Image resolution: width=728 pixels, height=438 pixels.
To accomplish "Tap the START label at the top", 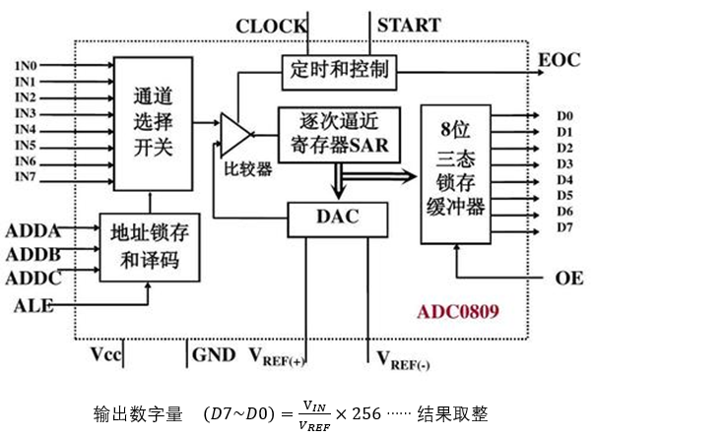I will (409, 25).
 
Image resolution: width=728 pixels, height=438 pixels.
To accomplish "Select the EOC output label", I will (559, 61).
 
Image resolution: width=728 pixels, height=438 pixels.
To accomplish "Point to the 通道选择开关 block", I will (153, 123).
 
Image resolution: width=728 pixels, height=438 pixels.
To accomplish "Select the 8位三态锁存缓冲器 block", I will (457, 173).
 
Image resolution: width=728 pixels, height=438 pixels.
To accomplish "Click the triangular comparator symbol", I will (234, 133).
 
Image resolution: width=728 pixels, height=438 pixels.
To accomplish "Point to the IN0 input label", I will (26, 66).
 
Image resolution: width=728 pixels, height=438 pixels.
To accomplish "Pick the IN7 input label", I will (26, 176).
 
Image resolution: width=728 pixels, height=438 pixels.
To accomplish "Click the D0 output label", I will (564, 116).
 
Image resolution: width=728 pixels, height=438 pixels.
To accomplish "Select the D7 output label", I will (564, 228).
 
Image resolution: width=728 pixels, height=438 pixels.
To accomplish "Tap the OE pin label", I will (569, 279).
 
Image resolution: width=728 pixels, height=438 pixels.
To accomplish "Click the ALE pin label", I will (33, 306).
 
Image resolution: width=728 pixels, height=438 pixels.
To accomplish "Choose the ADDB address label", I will (33, 255).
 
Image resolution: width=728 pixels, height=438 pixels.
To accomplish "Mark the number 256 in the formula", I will (365, 413).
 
